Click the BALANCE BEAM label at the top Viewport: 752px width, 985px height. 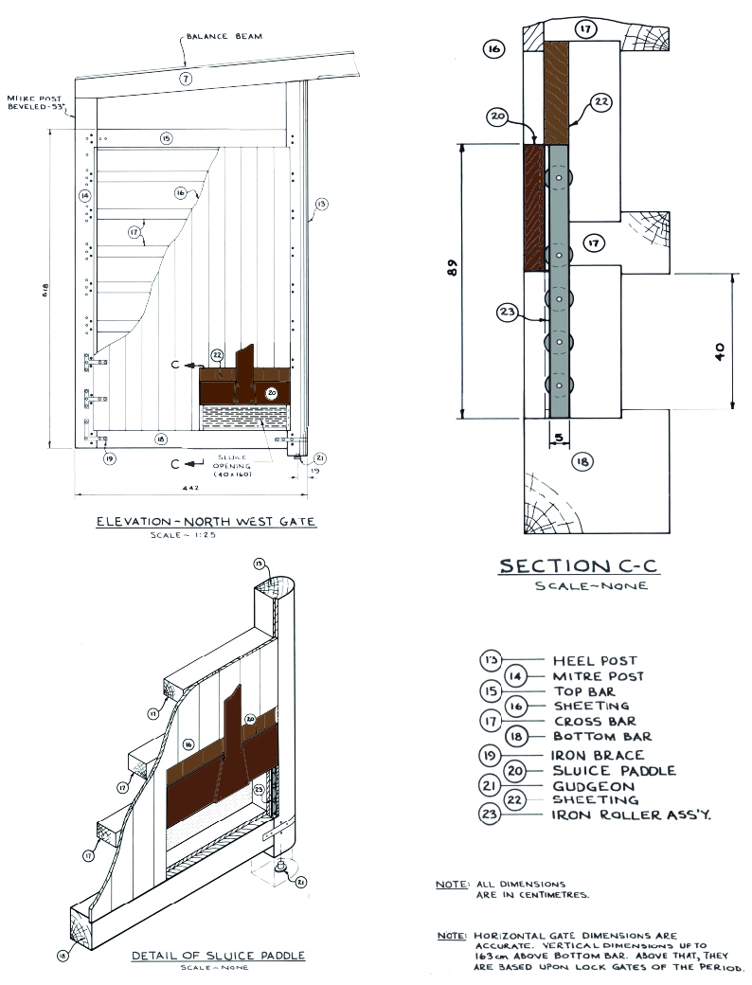(224, 36)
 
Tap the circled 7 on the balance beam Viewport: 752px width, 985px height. (186, 79)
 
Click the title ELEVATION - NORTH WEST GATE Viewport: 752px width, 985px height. (206, 521)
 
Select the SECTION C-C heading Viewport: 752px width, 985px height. (578, 566)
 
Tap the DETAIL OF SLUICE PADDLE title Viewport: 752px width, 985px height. (219, 956)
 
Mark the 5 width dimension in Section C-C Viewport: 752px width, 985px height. (559, 439)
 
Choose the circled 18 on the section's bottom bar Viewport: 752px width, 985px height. (582, 461)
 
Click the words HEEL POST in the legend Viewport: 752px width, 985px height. (595, 660)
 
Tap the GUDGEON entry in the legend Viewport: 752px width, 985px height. (585, 786)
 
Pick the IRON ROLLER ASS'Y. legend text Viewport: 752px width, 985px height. (619, 815)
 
